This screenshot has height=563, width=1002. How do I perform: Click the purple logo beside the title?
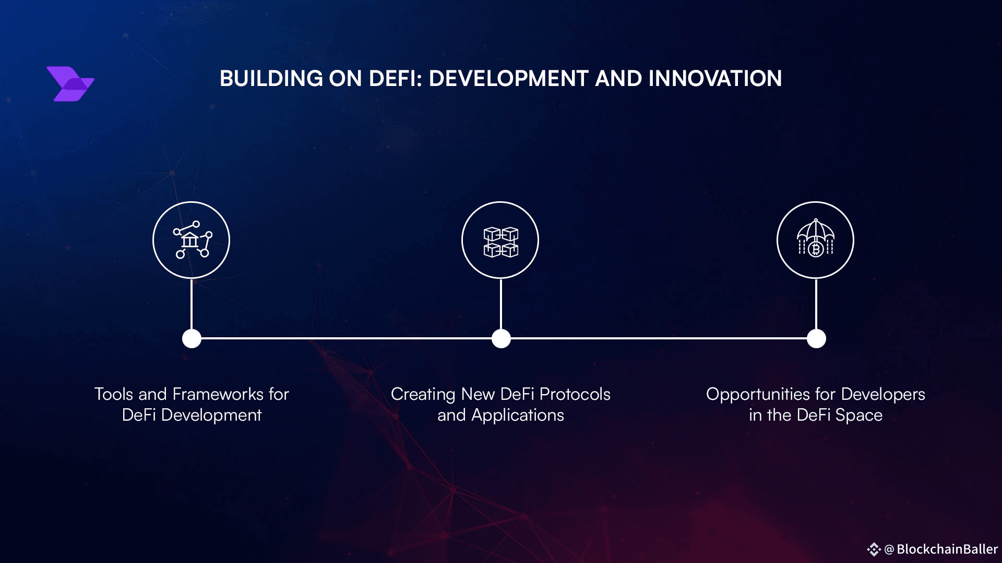click(70, 84)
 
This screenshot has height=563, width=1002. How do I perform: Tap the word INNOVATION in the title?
click(715, 79)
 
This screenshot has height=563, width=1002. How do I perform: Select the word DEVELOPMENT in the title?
click(509, 79)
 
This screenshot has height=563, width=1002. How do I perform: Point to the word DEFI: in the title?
click(396, 79)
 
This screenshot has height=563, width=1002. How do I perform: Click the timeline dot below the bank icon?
click(192, 338)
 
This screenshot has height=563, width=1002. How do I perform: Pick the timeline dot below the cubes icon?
click(501, 338)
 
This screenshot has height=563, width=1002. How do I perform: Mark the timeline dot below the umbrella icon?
click(816, 338)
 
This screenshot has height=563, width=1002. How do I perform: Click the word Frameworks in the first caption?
click(218, 394)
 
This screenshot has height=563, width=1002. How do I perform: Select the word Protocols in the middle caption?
click(575, 394)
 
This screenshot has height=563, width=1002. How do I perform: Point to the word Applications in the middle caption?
click(518, 415)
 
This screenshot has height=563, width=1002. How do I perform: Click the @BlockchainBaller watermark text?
click(941, 549)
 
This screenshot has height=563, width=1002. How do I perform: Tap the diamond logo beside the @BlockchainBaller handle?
click(874, 549)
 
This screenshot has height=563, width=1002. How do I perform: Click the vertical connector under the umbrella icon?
click(816, 304)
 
